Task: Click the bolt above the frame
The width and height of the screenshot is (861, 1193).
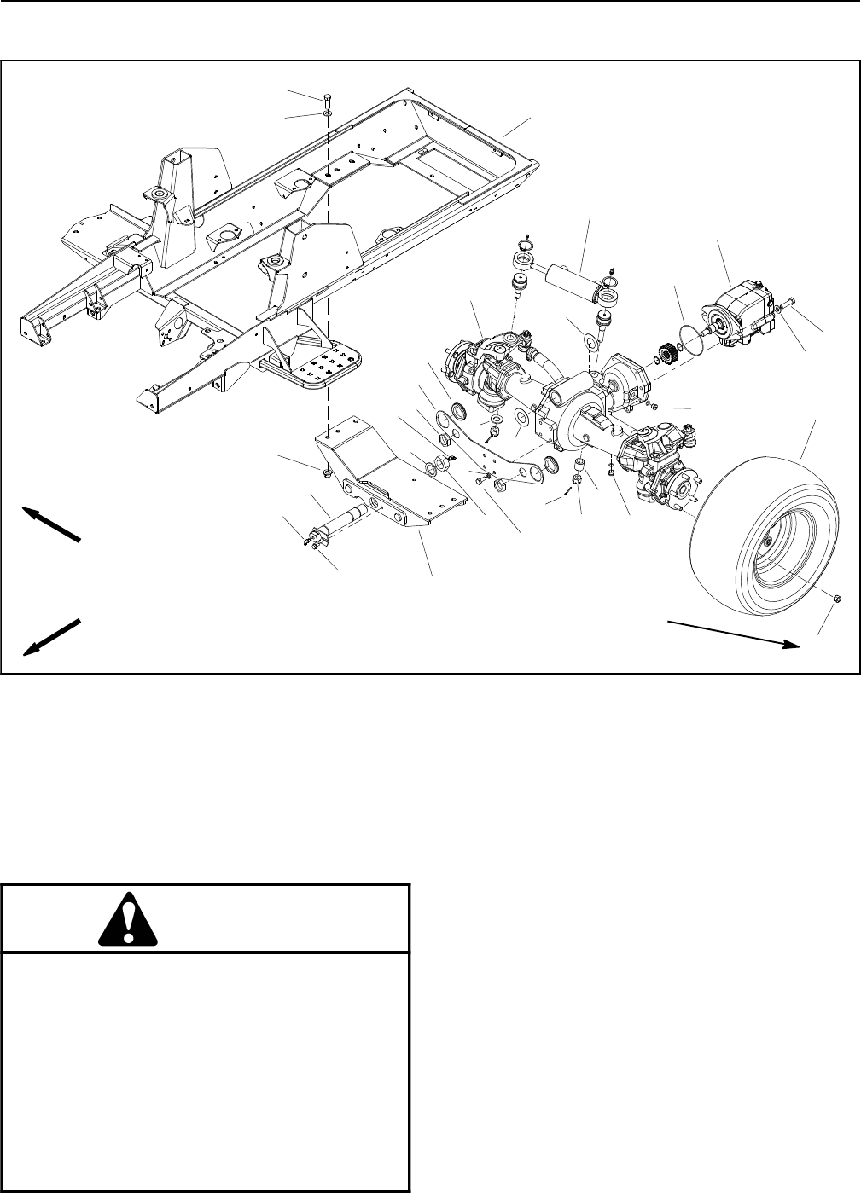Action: coord(329,96)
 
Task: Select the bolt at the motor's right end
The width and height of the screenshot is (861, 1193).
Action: coord(788,300)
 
